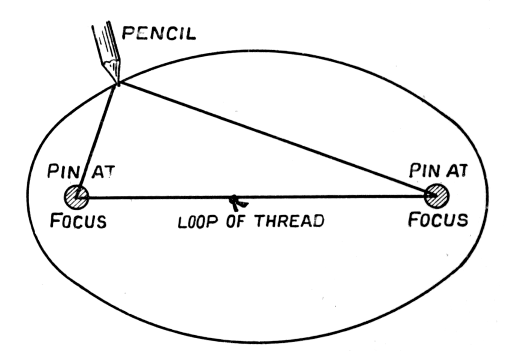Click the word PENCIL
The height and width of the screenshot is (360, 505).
159,33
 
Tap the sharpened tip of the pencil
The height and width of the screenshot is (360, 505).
118,83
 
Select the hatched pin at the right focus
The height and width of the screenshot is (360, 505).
437,195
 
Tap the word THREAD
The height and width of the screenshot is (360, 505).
289,221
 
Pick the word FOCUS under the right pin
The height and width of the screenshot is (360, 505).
438,219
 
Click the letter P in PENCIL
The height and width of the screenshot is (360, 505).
129,33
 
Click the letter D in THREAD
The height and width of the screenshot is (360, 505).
318,221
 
